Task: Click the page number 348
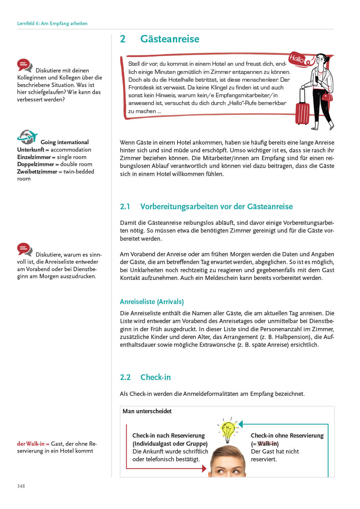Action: tap(21, 486)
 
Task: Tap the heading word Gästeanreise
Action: tap(170, 39)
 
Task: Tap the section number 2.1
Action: tap(125, 206)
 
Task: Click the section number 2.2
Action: tap(125, 377)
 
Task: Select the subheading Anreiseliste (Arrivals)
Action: tap(152, 302)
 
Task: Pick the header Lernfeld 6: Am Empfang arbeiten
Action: tap(52, 23)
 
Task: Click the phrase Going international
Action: tap(65, 142)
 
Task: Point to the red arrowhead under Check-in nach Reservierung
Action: tap(204, 469)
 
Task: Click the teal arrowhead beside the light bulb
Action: tap(241, 424)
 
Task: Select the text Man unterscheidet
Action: tap(147, 411)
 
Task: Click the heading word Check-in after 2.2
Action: tap(155, 377)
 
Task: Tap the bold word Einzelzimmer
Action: tap(34, 157)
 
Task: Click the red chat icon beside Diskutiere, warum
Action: tap(25, 249)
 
